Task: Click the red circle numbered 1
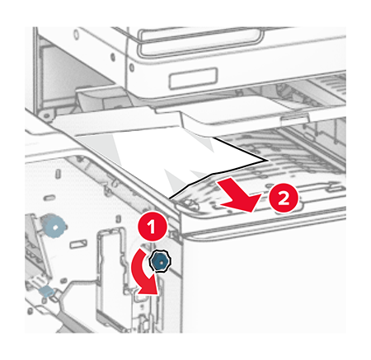click(152, 227)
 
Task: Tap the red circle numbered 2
click(283, 198)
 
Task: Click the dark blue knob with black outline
click(160, 262)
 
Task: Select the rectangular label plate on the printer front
click(193, 78)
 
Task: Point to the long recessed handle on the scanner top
click(200, 41)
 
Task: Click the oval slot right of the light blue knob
click(78, 244)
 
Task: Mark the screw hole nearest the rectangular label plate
click(132, 67)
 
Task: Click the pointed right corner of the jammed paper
click(267, 161)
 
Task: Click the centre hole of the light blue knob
click(55, 227)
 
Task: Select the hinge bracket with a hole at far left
click(45, 115)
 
